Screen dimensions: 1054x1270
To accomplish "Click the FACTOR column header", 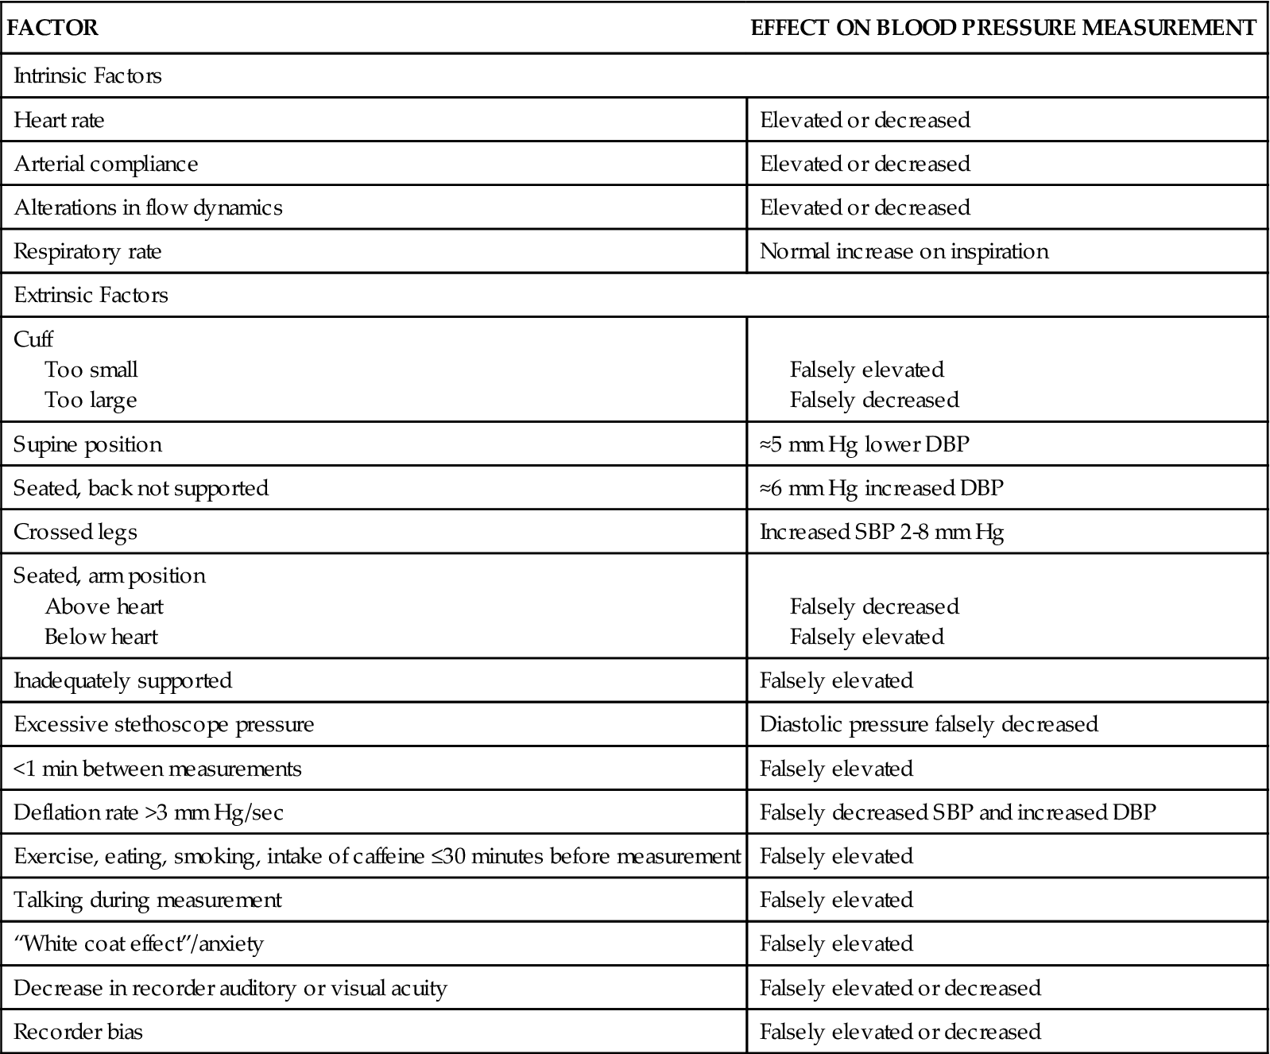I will pos(52,29).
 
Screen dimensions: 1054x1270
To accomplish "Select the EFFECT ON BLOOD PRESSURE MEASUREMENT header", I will pos(1004,29).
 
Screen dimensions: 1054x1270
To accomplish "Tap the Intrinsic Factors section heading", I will pos(87,76).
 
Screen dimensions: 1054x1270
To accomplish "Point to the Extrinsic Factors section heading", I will pos(91,296).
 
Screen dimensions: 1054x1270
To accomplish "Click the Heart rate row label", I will pos(59,120).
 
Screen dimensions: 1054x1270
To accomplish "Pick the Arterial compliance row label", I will pos(106,164).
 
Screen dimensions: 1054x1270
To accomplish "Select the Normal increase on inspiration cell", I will pos(904,252).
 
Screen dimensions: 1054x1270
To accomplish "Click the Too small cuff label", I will pos(91,370).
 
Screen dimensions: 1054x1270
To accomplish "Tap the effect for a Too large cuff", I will pos(874,400).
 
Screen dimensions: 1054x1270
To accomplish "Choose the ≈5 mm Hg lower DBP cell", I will pos(864,444).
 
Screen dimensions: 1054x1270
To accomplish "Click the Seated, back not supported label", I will pos(141,488).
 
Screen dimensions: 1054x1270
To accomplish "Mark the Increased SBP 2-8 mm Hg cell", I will pos(881,532).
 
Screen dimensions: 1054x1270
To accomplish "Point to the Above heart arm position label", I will pos(104,606).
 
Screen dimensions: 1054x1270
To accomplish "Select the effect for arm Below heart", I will pos(866,637).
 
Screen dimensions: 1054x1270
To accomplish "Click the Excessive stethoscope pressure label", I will pos(164,725).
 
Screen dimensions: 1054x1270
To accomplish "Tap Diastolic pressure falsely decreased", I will pos(928,725).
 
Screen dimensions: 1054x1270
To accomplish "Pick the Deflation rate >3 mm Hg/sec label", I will pos(148,812).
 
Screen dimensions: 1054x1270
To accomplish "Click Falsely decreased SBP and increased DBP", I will pos(958,812).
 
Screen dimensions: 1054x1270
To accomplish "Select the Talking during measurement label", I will pos(148,901).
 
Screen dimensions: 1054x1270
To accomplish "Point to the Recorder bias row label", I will pos(78,1033).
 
